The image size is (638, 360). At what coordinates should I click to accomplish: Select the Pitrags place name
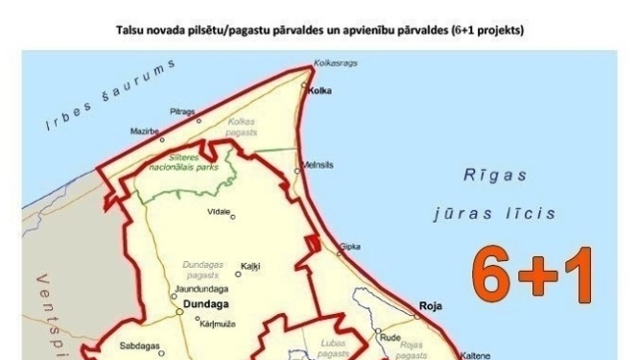181,112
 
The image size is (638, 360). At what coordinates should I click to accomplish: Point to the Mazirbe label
145,131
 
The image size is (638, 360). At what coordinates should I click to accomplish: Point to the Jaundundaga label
201,288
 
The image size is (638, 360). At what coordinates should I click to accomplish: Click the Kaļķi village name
250,266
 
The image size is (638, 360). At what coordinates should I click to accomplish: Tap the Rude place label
390,338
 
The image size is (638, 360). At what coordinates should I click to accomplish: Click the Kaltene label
476,354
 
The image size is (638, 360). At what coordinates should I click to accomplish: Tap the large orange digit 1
580,276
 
